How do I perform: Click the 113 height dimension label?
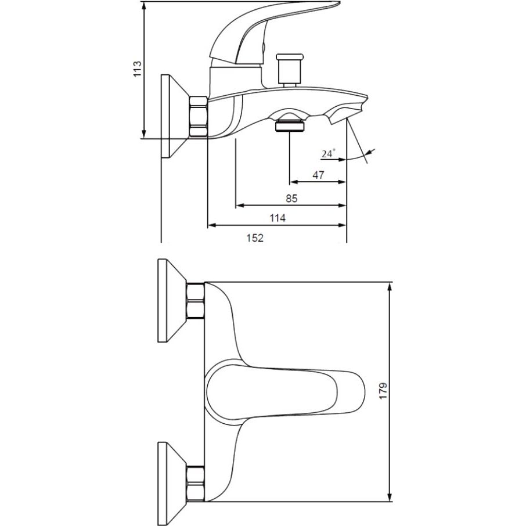[138, 69]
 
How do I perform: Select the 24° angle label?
[329, 154]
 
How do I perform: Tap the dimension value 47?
[318, 175]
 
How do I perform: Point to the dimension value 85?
[291, 198]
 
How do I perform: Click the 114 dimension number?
[278, 218]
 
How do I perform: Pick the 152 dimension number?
[255, 238]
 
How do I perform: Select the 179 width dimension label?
[383, 391]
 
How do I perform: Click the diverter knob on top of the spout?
[290, 70]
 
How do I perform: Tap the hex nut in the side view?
[199, 116]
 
